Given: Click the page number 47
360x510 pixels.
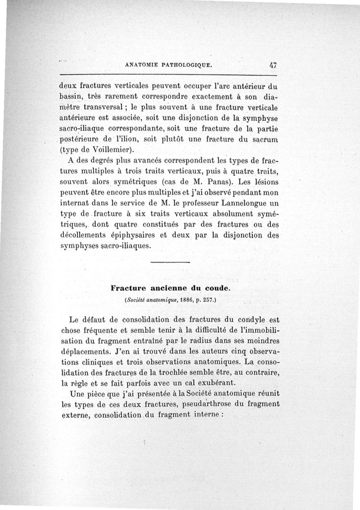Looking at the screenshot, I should [x=273, y=64].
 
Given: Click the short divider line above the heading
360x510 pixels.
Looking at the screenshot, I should [x=171, y=262].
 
